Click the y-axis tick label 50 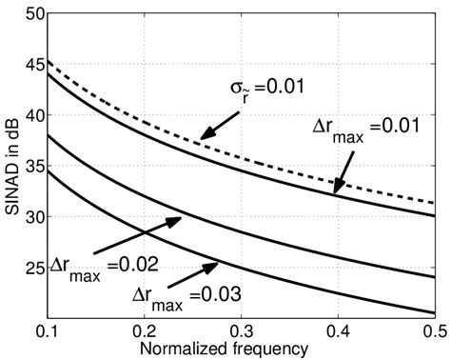click(30, 13)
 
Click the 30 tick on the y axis click(30, 217)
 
